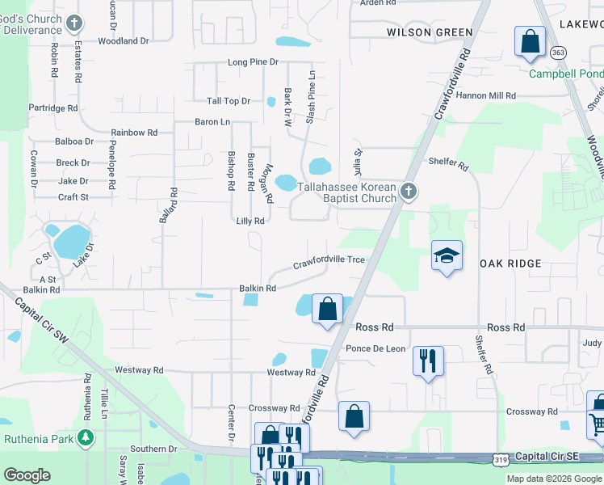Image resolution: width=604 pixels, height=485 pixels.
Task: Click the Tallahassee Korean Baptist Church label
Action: (346, 192)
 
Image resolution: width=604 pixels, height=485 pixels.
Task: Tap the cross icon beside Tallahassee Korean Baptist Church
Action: (409, 191)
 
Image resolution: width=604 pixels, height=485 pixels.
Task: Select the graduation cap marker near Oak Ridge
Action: (447, 257)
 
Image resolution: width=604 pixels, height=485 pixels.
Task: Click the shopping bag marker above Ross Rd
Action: (327, 310)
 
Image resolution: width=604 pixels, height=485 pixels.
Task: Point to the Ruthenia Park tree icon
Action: (86, 439)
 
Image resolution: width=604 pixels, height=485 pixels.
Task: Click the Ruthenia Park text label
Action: (39, 440)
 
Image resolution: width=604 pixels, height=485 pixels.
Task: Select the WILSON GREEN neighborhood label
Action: (430, 32)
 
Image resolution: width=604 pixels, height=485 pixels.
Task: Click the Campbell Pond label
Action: (565, 74)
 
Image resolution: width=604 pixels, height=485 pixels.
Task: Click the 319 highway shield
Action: (500, 459)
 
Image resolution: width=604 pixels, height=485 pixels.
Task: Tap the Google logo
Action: (27, 474)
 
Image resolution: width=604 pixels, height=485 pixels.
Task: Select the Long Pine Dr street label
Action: (252, 62)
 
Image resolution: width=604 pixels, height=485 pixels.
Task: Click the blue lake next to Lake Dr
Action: (73, 240)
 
